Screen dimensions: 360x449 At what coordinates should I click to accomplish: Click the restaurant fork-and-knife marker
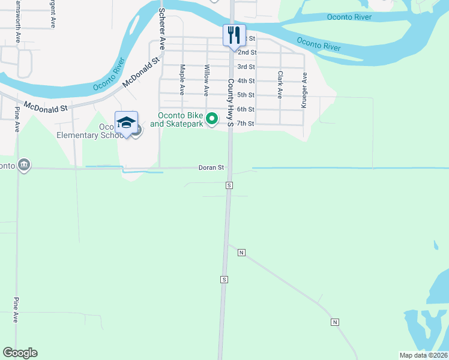[234, 35]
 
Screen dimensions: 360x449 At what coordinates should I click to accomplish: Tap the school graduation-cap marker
[126, 123]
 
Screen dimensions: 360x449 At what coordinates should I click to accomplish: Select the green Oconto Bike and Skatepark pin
[211, 119]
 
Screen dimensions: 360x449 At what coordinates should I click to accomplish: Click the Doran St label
[211, 168]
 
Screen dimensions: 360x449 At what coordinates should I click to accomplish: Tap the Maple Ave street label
[181, 80]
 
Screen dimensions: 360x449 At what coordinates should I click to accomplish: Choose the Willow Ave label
[206, 80]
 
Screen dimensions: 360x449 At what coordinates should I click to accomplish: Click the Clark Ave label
[280, 85]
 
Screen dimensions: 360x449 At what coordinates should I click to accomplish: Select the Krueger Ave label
[304, 90]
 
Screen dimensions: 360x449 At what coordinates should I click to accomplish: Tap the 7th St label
[246, 124]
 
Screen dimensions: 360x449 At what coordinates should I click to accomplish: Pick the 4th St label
[246, 81]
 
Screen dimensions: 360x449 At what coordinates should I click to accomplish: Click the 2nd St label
[247, 53]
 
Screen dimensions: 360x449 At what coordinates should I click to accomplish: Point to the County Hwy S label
[230, 103]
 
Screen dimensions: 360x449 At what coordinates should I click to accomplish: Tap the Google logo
[20, 353]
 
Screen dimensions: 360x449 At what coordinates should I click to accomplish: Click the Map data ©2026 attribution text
[423, 355]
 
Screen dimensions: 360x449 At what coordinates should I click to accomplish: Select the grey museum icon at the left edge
[24, 165]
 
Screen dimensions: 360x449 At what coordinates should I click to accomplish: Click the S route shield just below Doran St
[229, 185]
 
